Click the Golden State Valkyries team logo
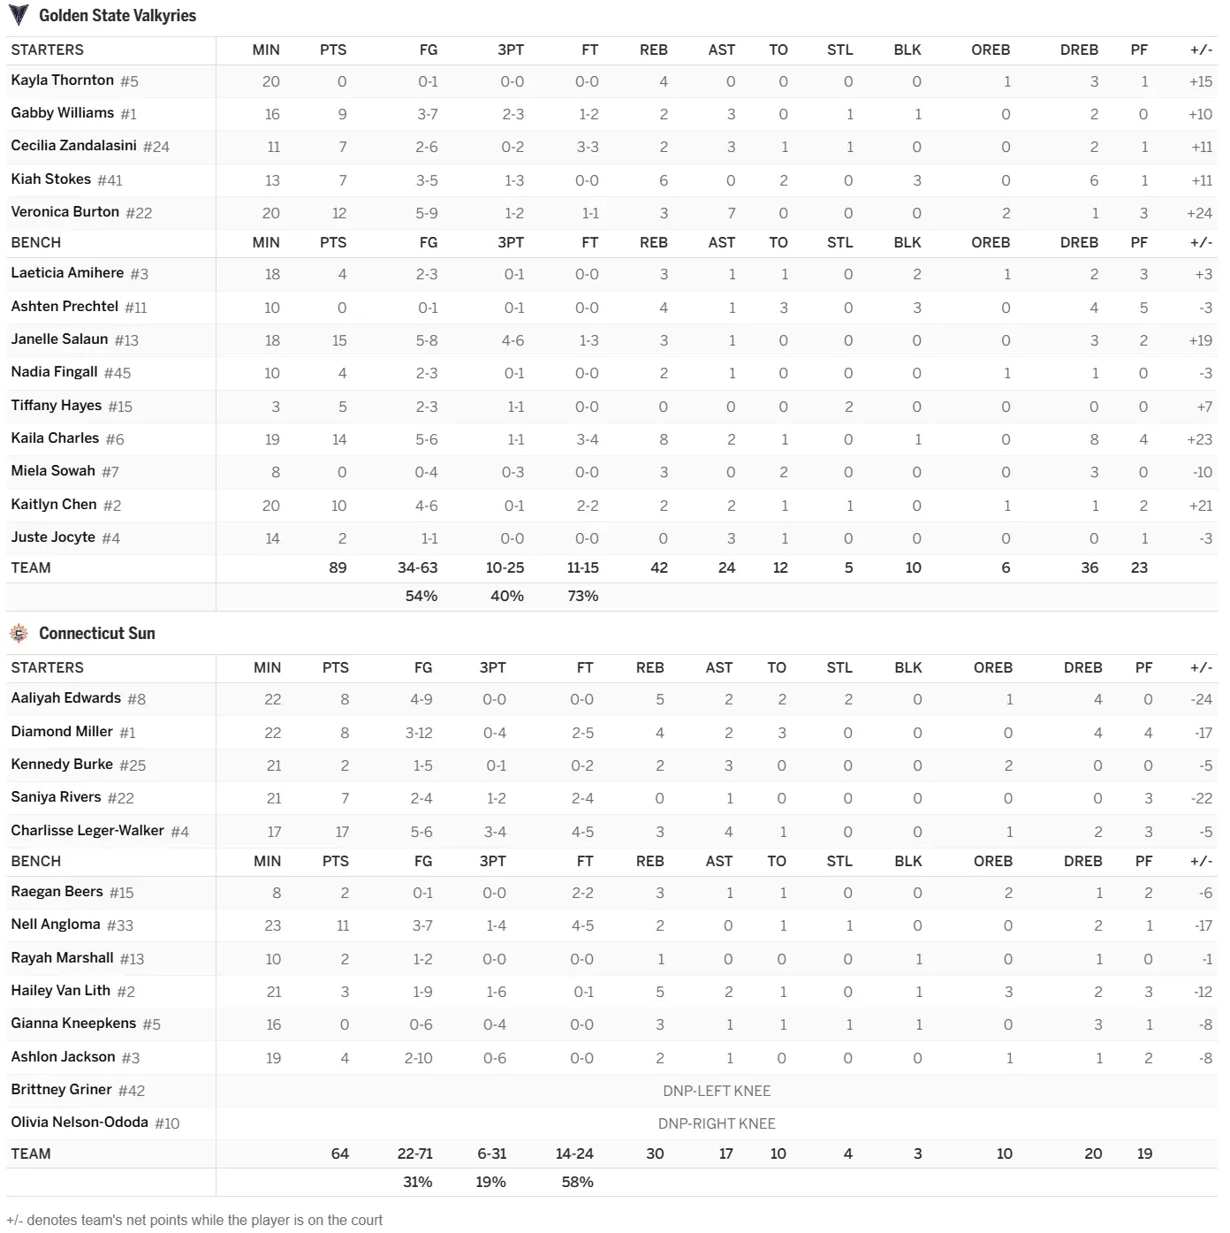[19, 15]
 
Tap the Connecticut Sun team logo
[19, 634]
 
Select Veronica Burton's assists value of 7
[731, 213]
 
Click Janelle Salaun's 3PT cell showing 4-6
[512, 340]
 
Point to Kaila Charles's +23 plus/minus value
[1199, 439]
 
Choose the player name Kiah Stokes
[50, 179]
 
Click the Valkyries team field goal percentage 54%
[421, 597]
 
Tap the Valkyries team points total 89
[338, 567]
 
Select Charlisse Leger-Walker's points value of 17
[342, 832]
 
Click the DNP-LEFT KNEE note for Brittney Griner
[717, 1091]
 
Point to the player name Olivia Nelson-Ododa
[80, 1123]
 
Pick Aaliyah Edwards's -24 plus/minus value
[1201, 699]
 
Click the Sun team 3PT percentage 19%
[490, 1183]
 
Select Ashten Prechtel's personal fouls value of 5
[1143, 308]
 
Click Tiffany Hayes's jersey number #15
[120, 407]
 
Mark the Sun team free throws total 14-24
[574, 1153]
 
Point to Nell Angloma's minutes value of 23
[273, 926]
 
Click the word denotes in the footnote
[52, 1221]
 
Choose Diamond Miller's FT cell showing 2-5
[582, 733]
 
